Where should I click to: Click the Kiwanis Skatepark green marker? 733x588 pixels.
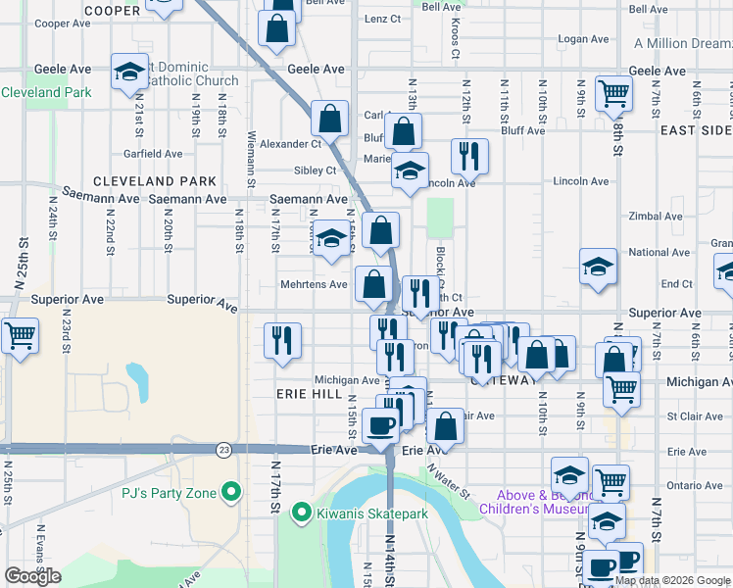[302, 513]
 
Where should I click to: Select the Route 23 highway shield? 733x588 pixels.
[224, 449]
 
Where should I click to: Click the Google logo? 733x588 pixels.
[32, 577]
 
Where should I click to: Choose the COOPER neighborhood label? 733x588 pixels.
[113, 11]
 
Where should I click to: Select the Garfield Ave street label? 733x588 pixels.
[153, 154]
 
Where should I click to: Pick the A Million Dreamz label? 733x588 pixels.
[683, 44]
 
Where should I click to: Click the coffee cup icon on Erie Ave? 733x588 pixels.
[380, 426]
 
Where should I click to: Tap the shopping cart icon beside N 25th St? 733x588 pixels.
[20, 336]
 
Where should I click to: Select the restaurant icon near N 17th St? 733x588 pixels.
[282, 341]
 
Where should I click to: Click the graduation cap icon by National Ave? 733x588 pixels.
[598, 267]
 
